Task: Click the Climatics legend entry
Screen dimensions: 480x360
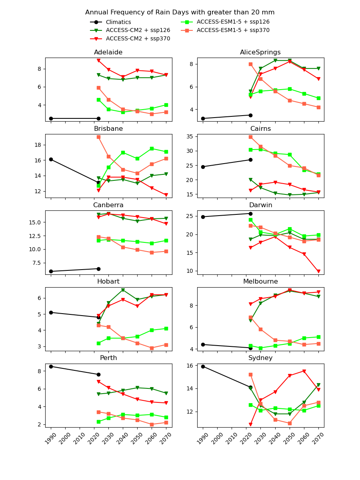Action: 118,22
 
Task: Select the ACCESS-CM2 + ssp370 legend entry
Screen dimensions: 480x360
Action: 138,39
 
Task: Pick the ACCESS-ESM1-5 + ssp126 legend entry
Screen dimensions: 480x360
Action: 233,22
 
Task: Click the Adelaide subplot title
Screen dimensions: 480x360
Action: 108,52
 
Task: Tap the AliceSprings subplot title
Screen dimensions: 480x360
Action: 260,52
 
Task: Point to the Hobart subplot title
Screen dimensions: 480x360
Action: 108,282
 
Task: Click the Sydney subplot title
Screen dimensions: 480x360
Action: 260,358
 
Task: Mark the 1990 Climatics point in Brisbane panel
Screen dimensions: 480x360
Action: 51,159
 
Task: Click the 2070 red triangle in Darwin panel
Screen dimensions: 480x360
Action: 318,271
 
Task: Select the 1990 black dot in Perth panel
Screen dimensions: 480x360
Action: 51,366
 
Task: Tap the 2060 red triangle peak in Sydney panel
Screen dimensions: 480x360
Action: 304,371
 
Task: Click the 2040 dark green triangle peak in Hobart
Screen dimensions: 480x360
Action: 123,290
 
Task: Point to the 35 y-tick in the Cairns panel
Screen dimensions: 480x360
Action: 190,136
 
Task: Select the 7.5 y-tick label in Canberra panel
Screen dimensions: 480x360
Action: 35,263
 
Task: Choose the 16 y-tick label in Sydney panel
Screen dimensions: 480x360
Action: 190,366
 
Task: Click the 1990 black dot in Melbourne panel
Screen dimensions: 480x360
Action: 203,344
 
